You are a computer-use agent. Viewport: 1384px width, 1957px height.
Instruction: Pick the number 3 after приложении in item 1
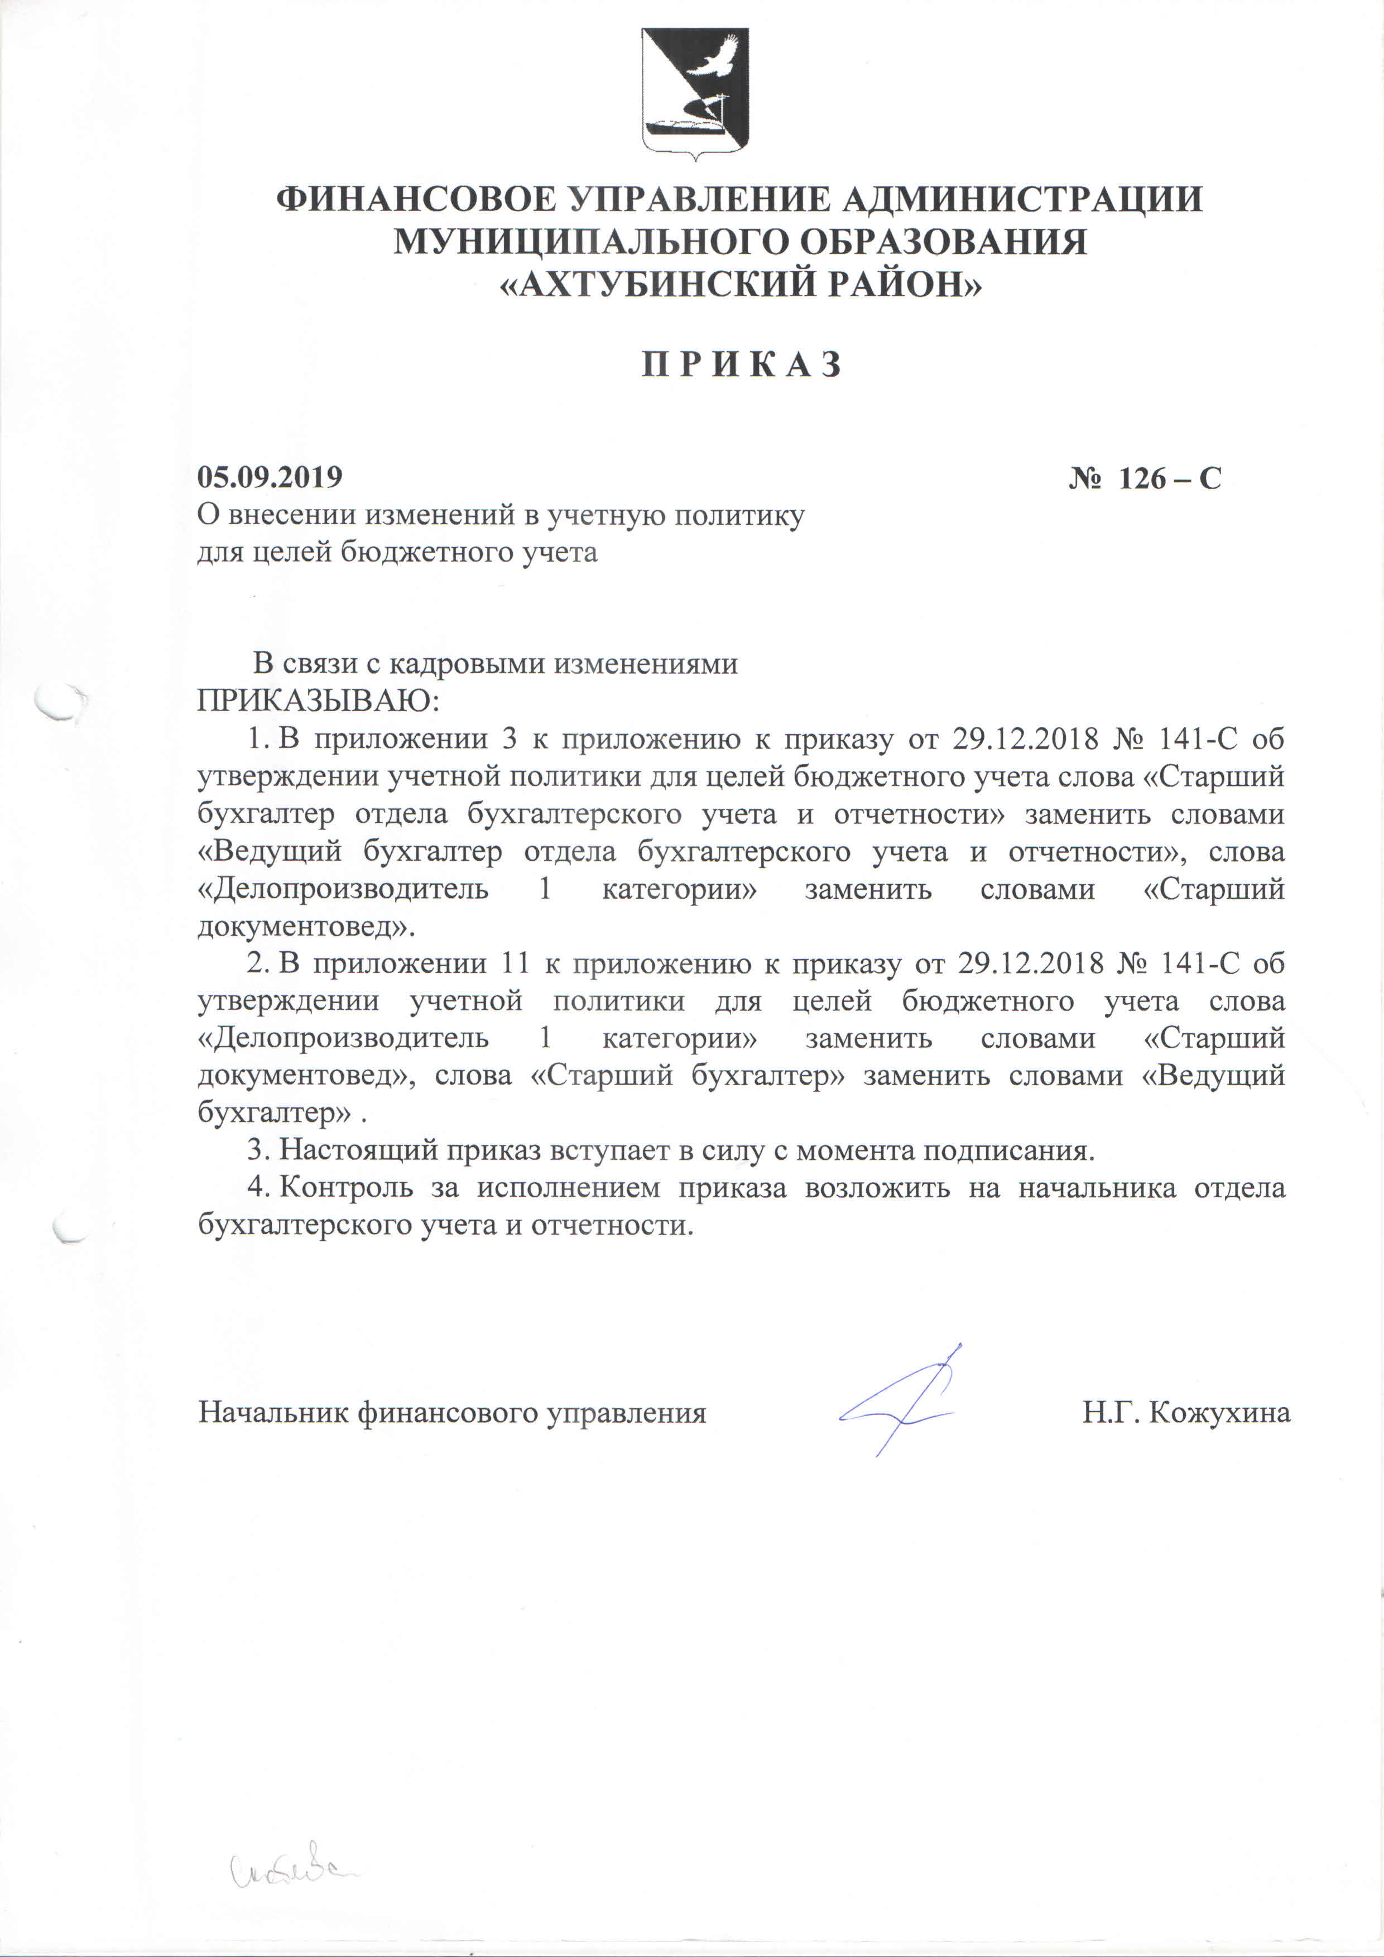point(510,738)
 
